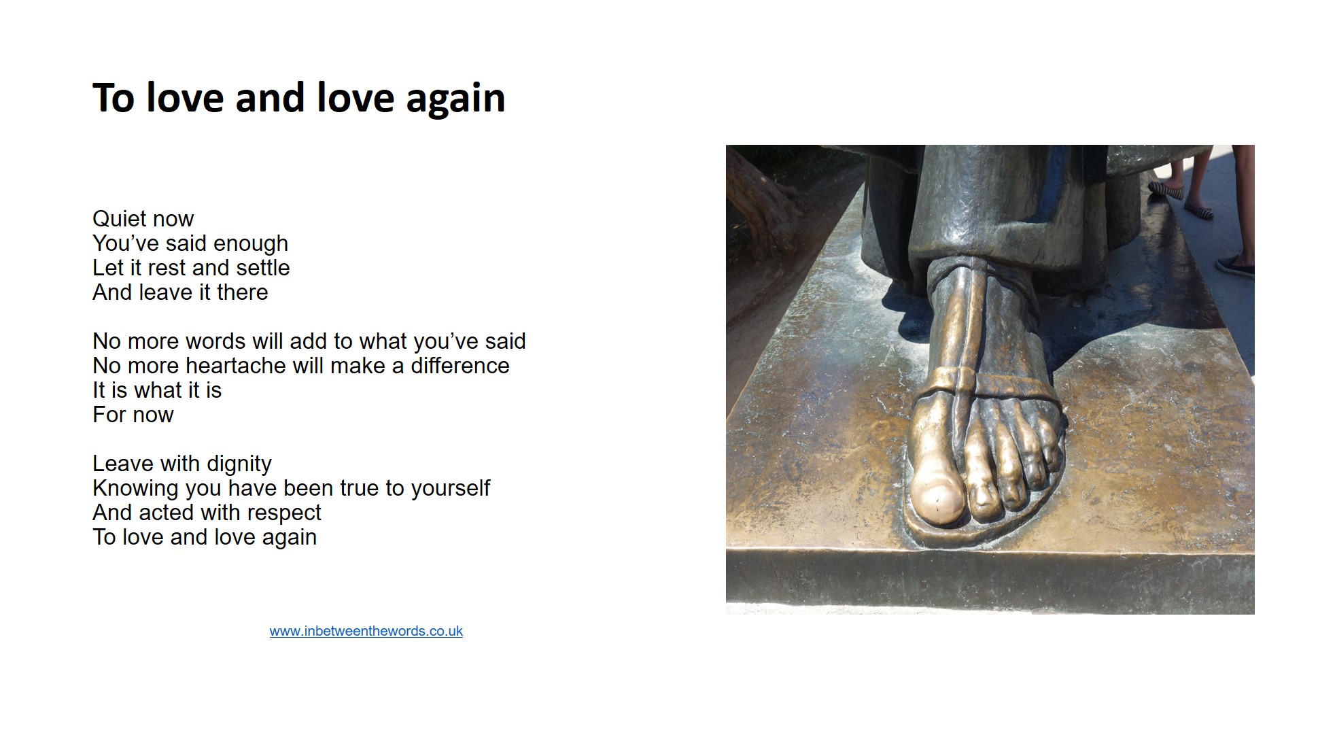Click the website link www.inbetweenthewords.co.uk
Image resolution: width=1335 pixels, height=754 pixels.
(x=366, y=631)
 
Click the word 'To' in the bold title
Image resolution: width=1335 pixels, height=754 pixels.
(x=114, y=98)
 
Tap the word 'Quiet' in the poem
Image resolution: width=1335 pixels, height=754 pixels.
(x=120, y=219)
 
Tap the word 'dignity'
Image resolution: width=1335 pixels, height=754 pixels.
(x=239, y=464)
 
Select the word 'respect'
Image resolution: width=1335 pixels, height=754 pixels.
(x=284, y=513)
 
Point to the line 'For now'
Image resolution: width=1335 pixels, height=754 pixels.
(x=133, y=415)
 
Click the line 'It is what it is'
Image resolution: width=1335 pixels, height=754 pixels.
(x=157, y=390)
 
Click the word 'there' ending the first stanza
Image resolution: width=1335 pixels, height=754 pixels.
(x=243, y=292)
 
